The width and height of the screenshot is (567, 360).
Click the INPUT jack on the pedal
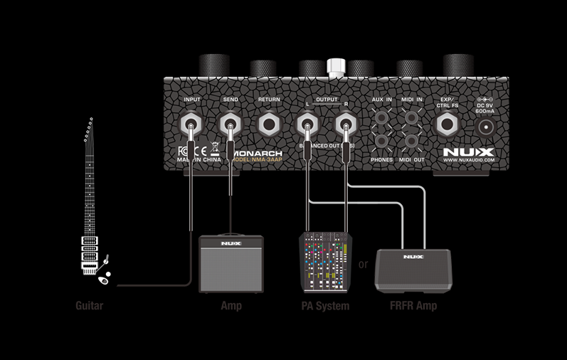pos(193,126)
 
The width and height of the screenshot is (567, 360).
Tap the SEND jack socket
pos(230,126)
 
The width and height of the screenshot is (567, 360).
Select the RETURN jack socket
pos(269,126)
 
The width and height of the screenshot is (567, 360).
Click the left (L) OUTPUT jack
pos(307,127)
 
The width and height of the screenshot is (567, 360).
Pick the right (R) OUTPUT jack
pos(346,127)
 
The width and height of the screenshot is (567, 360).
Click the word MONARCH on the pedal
pos(256,153)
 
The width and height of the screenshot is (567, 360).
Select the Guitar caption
pos(90,307)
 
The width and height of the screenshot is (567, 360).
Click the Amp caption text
pos(231,307)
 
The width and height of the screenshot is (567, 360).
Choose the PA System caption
pos(325,307)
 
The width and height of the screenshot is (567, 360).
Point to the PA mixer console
pos(325,261)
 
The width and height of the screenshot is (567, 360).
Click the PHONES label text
pos(381,161)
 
